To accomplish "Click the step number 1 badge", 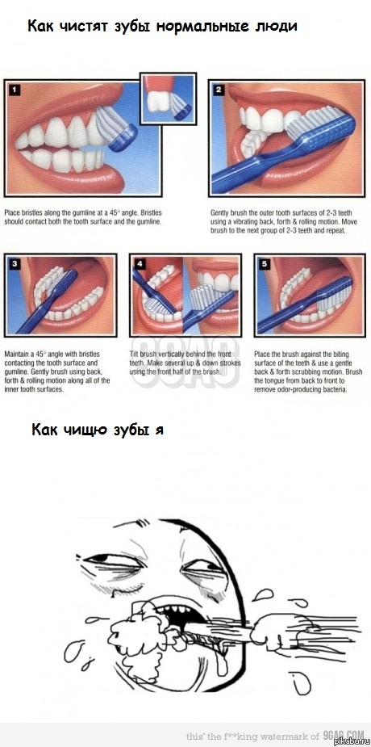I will [x=14, y=90].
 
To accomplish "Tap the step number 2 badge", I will [x=218, y=90].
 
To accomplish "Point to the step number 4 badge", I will [x=140, y=264].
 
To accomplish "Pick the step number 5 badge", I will [x=264, y=264].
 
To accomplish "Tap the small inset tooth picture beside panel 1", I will [x=169, y=99].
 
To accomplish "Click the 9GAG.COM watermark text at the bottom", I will [x=343, y=736].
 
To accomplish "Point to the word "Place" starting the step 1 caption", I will [x=13, y=212].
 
